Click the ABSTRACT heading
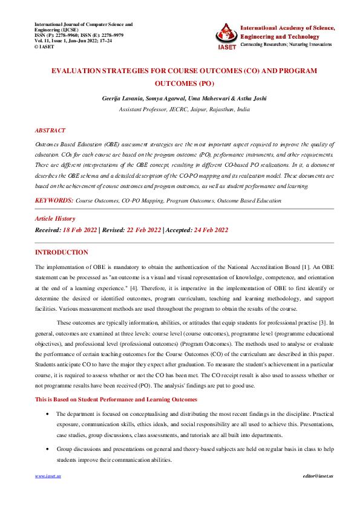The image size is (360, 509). point(50,131)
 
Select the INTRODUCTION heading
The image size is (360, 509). point(61,252)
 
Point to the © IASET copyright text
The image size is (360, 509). point(46,46)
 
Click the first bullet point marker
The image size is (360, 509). point(48,414)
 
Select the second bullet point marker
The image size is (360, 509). point(48,450)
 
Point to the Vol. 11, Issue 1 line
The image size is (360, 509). point(73,41)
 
